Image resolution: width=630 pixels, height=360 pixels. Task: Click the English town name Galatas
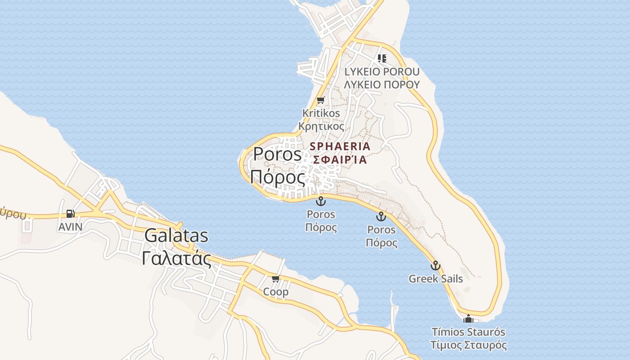pos(176,236)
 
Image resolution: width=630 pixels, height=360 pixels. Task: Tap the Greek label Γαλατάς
pos(176,258)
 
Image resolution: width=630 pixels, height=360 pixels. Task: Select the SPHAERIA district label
pos(340,146)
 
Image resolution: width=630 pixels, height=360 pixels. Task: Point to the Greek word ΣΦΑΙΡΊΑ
pos(340,159)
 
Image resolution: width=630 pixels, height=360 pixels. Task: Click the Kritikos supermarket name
pos(321,113)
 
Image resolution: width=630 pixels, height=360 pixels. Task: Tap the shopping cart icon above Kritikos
pos(320,100)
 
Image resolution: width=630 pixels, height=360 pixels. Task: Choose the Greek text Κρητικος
pos(321,126)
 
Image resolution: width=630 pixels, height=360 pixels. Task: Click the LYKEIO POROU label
pos(382,72)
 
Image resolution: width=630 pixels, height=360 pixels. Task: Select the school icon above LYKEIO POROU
pos(382,58)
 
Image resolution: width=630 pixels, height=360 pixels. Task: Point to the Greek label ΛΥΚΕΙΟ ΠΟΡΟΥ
pos(382,84)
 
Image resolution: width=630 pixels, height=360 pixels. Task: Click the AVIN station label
pos(70,227)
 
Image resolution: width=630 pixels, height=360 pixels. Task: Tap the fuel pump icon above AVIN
pos(70,214)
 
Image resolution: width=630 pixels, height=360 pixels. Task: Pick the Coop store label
pos(276,292)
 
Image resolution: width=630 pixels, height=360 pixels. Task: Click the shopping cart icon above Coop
pos(276,279)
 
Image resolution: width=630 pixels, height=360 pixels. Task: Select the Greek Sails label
pos(436,279)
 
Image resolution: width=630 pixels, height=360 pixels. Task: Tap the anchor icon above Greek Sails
pos(435,265)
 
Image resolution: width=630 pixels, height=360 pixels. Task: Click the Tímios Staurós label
pos(468,332)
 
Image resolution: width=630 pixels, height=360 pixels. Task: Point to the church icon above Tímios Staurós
pos(468,319)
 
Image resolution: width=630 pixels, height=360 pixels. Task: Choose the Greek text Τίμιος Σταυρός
pos(468,345)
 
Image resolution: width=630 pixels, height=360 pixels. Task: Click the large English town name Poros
pos(277,154)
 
